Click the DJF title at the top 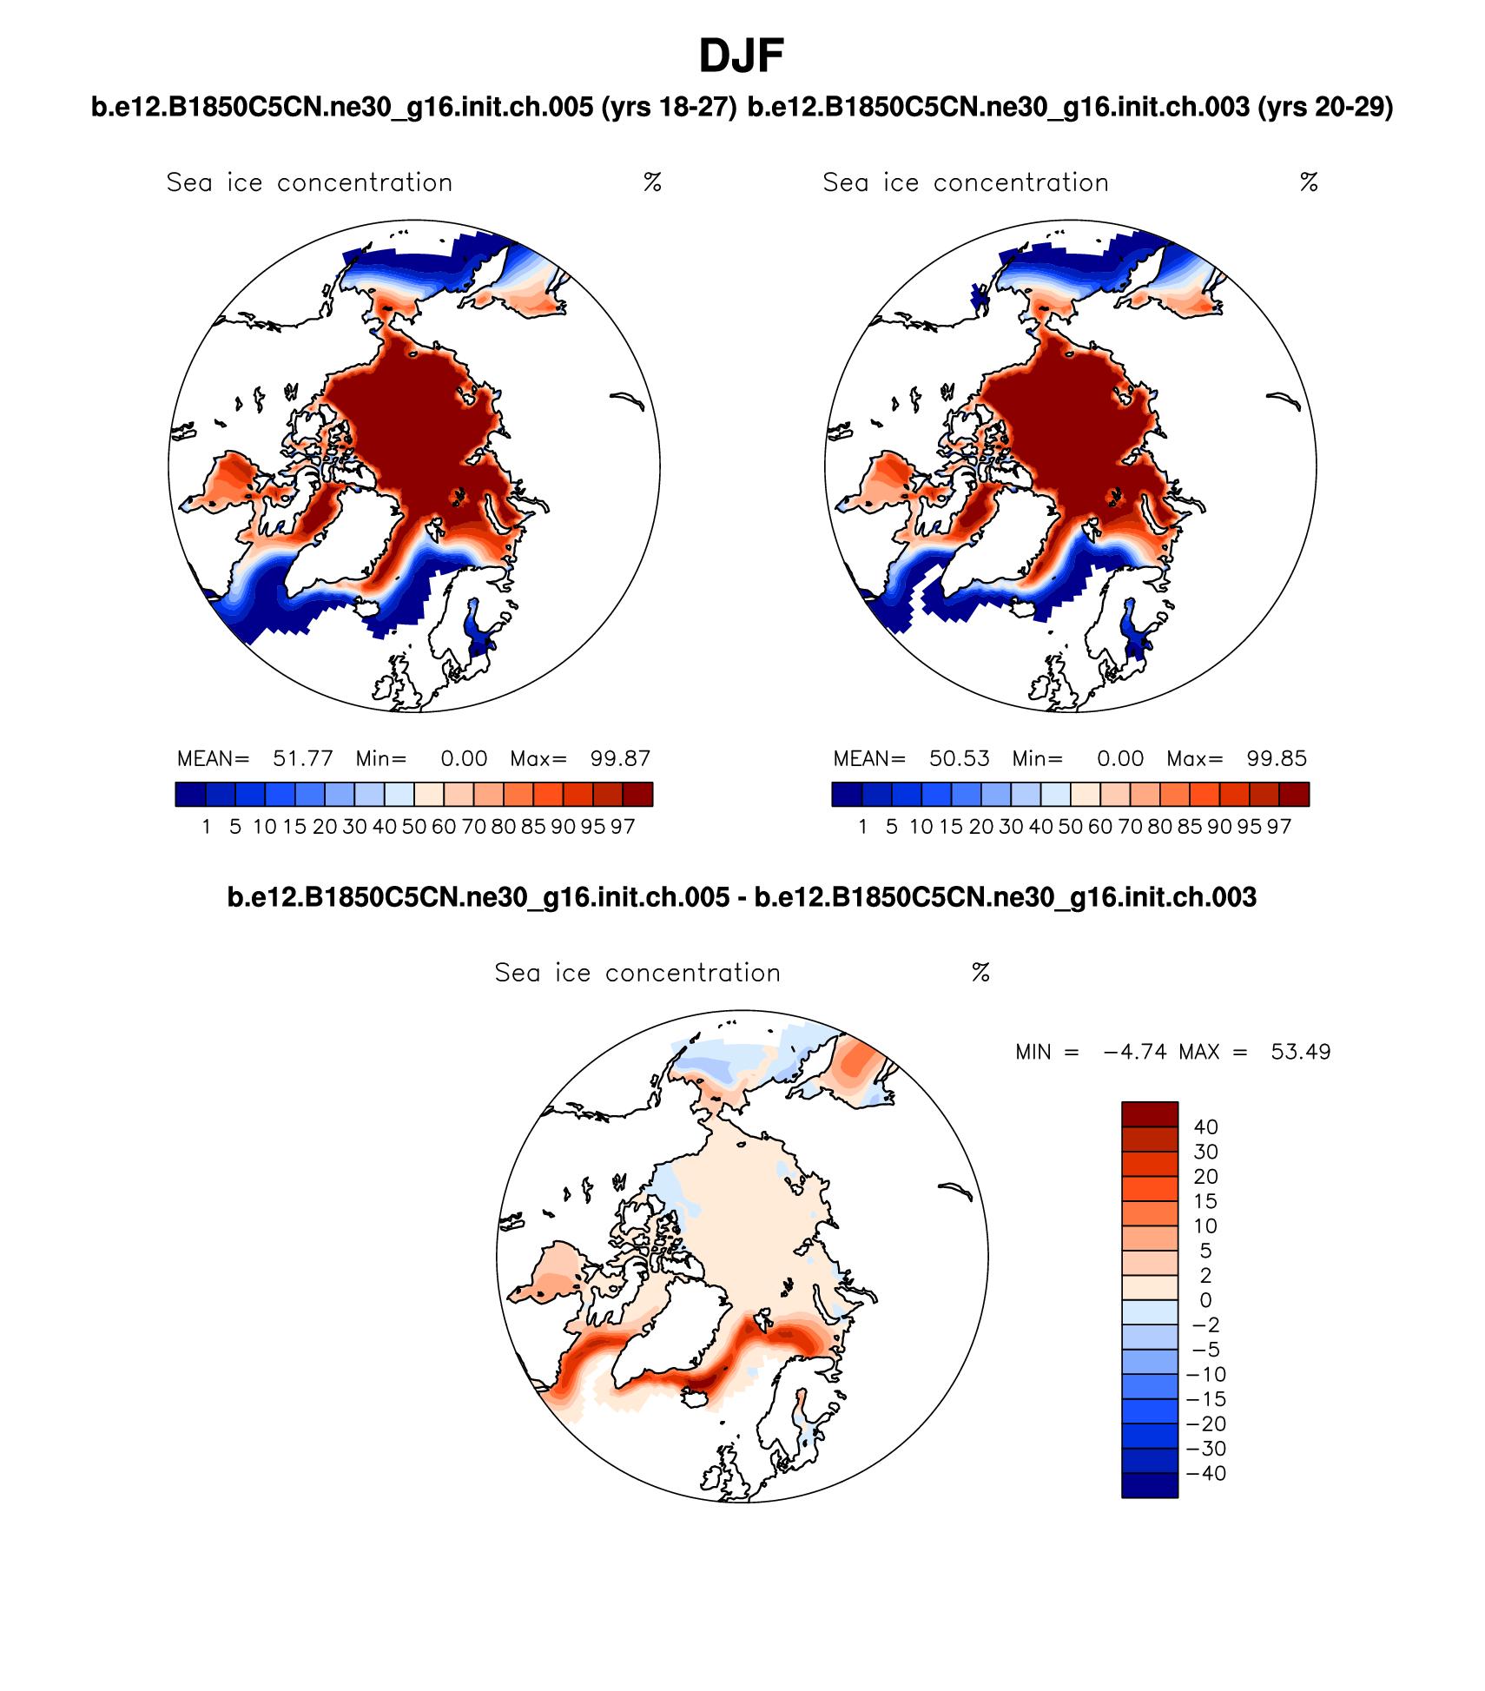[x=742, y=56]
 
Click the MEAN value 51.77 [x=302, y=758]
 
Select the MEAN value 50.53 [x=959, y=758]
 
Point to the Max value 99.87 [x=620, y=758]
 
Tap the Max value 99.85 [x=1277, y=758]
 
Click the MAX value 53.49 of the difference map [x=1300, y=1052]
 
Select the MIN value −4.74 [x=1136, y=1052]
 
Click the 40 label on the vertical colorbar [x=1205, y=1127]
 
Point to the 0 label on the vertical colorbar [x=1205, y=1300]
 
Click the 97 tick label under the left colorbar [x=623, y=827]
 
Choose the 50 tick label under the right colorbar [x=1070, y=827]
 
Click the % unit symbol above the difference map [x=980, y=973]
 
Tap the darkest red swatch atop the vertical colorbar [x=1150, y=1114]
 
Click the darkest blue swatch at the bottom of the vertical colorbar [x=1150, y=1485]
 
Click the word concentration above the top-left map [x=365, y=182]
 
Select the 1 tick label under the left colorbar [x=206, y=827]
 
